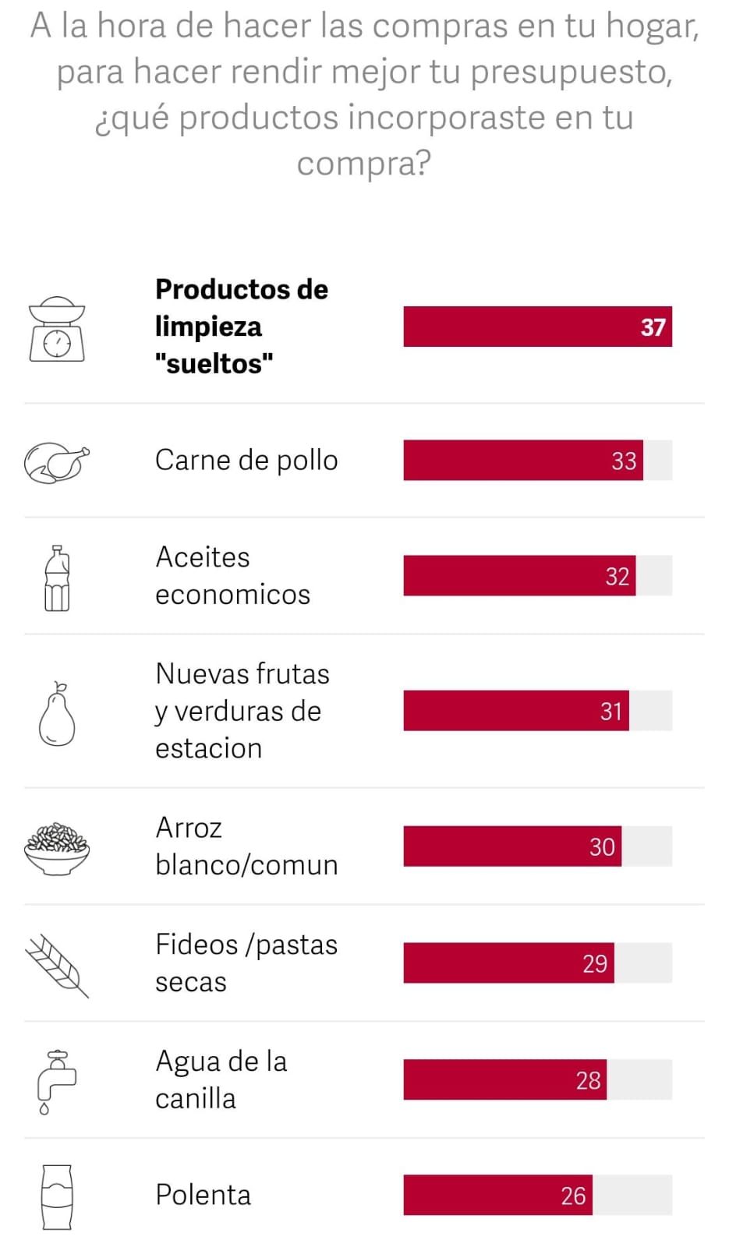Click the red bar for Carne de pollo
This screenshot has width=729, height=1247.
coord(522,460)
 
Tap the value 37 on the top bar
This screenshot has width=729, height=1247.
coord(653,327)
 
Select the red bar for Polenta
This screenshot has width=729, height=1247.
coord(497,1195)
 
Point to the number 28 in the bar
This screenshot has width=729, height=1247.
coord(588,1080)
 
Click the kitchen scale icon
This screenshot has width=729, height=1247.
coord(57,329)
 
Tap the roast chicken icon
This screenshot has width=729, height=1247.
coord(56,462)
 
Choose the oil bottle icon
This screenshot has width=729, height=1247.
coord(57,578)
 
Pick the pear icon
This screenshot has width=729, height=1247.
coord(57,715)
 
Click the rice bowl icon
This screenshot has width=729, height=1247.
coord(57,848)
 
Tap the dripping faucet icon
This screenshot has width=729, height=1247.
coord(56,1082)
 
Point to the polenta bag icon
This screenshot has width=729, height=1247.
coord(57,1197)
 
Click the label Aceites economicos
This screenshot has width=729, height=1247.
coord(232,576)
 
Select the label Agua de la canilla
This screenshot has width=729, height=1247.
coord(221,1080)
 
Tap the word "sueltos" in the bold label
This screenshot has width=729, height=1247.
coord(214,363)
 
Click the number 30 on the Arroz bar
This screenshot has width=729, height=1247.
coord(602,847)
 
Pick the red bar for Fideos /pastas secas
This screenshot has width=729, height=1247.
coord(508,963)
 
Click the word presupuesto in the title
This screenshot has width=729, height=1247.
coord(571,72)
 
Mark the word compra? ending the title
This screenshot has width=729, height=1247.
coord(363,164)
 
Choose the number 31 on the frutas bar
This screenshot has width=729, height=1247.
coord(611,712)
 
